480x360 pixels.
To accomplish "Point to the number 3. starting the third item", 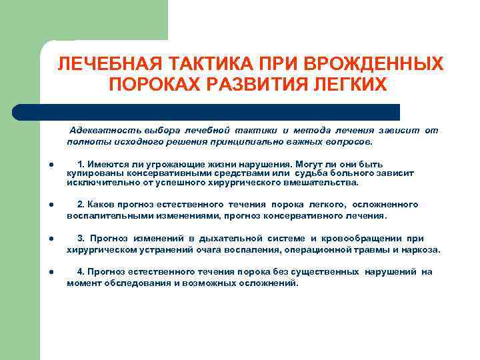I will pos(81,239).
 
